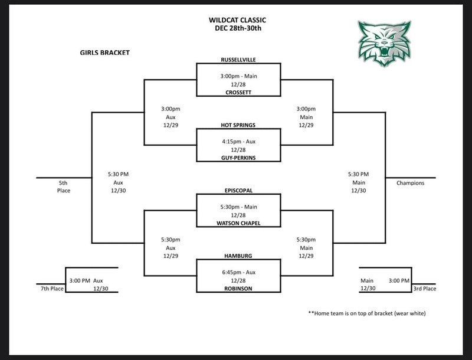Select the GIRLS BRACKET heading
click(104, 53)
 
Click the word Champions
click(410, 183)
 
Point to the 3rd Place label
click(425, 288)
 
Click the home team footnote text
click(366, 313)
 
